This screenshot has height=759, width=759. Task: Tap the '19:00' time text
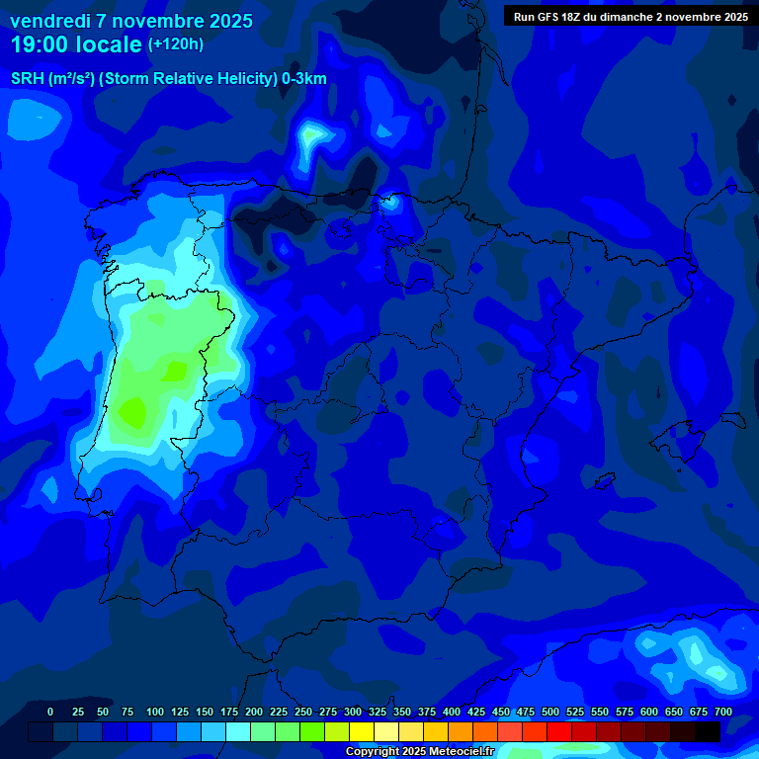[x=40, y=44]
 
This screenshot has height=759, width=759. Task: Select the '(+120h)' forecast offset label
[x=176, y=44]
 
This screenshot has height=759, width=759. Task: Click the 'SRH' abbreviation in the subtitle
[x=28, y=79]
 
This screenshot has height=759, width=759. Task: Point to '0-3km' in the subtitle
[x=304, y=79]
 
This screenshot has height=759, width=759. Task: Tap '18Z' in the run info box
[x=579, y=17]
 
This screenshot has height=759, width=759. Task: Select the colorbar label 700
[x=722, y=712]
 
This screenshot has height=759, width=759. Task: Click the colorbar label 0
[x=49, y=712]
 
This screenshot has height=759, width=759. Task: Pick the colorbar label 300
[x=353, y=712]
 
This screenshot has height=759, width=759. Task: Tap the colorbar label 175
[x=229, y=712]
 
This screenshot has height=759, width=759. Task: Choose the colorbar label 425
[x=476, y=712]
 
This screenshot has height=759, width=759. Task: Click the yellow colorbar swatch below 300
[x=362, y=731]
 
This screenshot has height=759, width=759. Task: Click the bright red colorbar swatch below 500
[x=559, y=731]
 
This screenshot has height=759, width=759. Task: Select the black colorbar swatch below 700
[x=708, y=731]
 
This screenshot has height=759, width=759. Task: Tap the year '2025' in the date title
[x=224, y=21]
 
